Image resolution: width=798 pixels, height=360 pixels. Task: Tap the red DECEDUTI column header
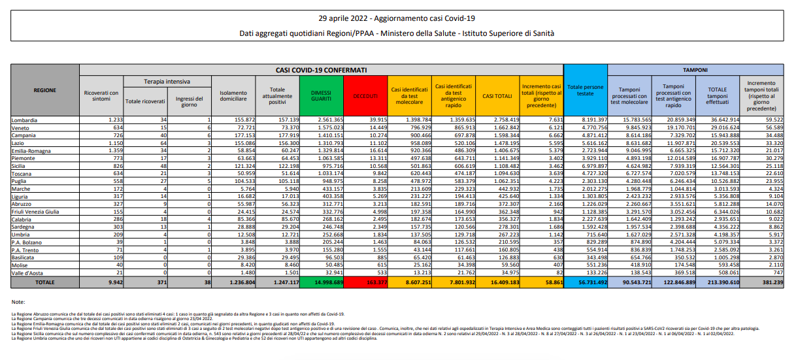coord(365,95)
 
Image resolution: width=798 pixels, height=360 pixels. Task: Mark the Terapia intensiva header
coord(167,82)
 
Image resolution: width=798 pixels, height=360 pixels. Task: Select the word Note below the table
coord(18,302)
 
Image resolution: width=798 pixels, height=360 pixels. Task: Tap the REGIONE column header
coord(45,90)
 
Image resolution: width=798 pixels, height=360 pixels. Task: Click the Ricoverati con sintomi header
coord(101,95)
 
